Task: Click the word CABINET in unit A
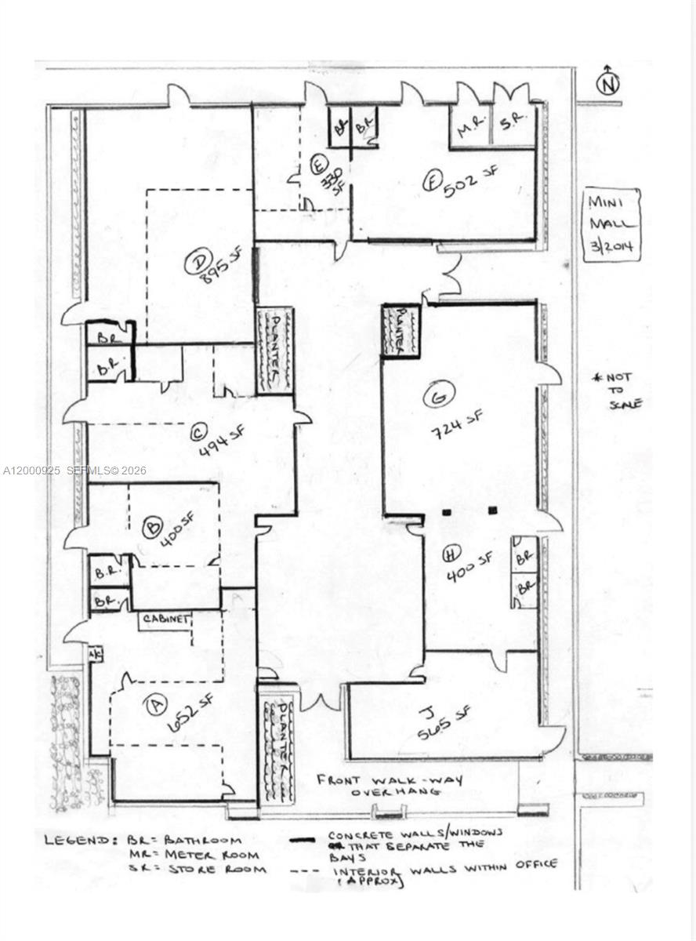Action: click(166, 619)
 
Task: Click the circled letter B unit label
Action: click(153, 527)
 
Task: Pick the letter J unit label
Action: click(426, 712)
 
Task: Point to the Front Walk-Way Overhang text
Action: click(390, 785)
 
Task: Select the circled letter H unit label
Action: click(451, 554)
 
